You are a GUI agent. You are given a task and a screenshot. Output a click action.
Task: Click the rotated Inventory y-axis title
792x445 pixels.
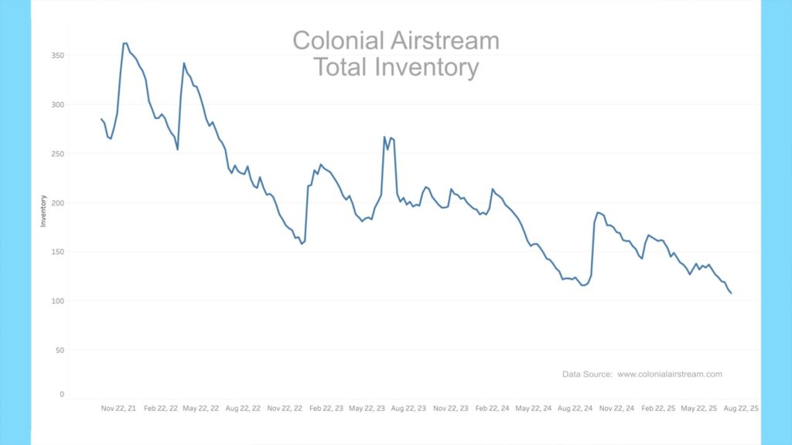point(43,210)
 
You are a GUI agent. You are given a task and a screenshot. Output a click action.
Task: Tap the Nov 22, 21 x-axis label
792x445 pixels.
point(118,408)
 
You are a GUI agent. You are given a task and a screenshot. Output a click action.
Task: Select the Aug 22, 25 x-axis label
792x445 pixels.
point(740,408)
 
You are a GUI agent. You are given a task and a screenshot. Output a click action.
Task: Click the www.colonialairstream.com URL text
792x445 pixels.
point(669,374)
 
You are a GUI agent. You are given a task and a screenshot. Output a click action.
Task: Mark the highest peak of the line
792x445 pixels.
point(125,43)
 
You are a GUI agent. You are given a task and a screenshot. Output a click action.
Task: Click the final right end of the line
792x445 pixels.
point(731,293)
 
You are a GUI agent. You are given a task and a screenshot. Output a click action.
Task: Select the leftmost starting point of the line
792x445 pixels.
point(101,119)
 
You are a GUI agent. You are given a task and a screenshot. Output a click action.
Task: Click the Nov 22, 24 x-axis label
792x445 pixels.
point(616,408)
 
